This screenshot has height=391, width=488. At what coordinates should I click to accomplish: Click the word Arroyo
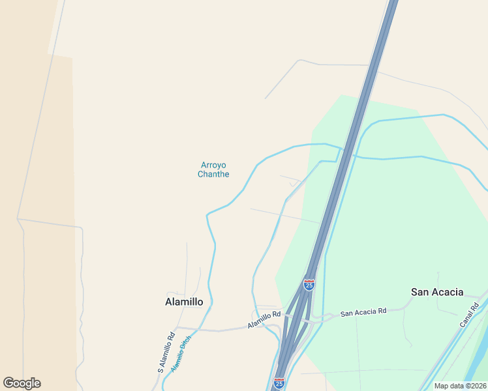point(213,165)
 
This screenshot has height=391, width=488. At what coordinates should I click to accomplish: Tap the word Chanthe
point(213,174)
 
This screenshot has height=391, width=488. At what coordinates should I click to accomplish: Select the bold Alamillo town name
point(184,302)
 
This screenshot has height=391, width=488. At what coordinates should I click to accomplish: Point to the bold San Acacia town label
point(437,292)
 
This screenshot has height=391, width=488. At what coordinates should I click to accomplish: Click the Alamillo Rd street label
point(264,318)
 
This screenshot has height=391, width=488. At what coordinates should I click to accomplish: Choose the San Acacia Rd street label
point(364,312)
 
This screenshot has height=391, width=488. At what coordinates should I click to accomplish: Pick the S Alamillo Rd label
point(166,353)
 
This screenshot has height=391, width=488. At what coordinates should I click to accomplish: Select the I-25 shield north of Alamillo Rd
point(309,285)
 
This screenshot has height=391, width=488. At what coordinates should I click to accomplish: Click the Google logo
point(22,383)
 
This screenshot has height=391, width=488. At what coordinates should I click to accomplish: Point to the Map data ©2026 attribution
point(460,386)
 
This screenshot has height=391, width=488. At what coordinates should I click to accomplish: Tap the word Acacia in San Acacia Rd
point(365,312)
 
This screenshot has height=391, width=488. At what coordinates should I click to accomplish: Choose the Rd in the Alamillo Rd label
point(277,314)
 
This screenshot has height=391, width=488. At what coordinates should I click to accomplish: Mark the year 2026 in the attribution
point(477,386)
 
